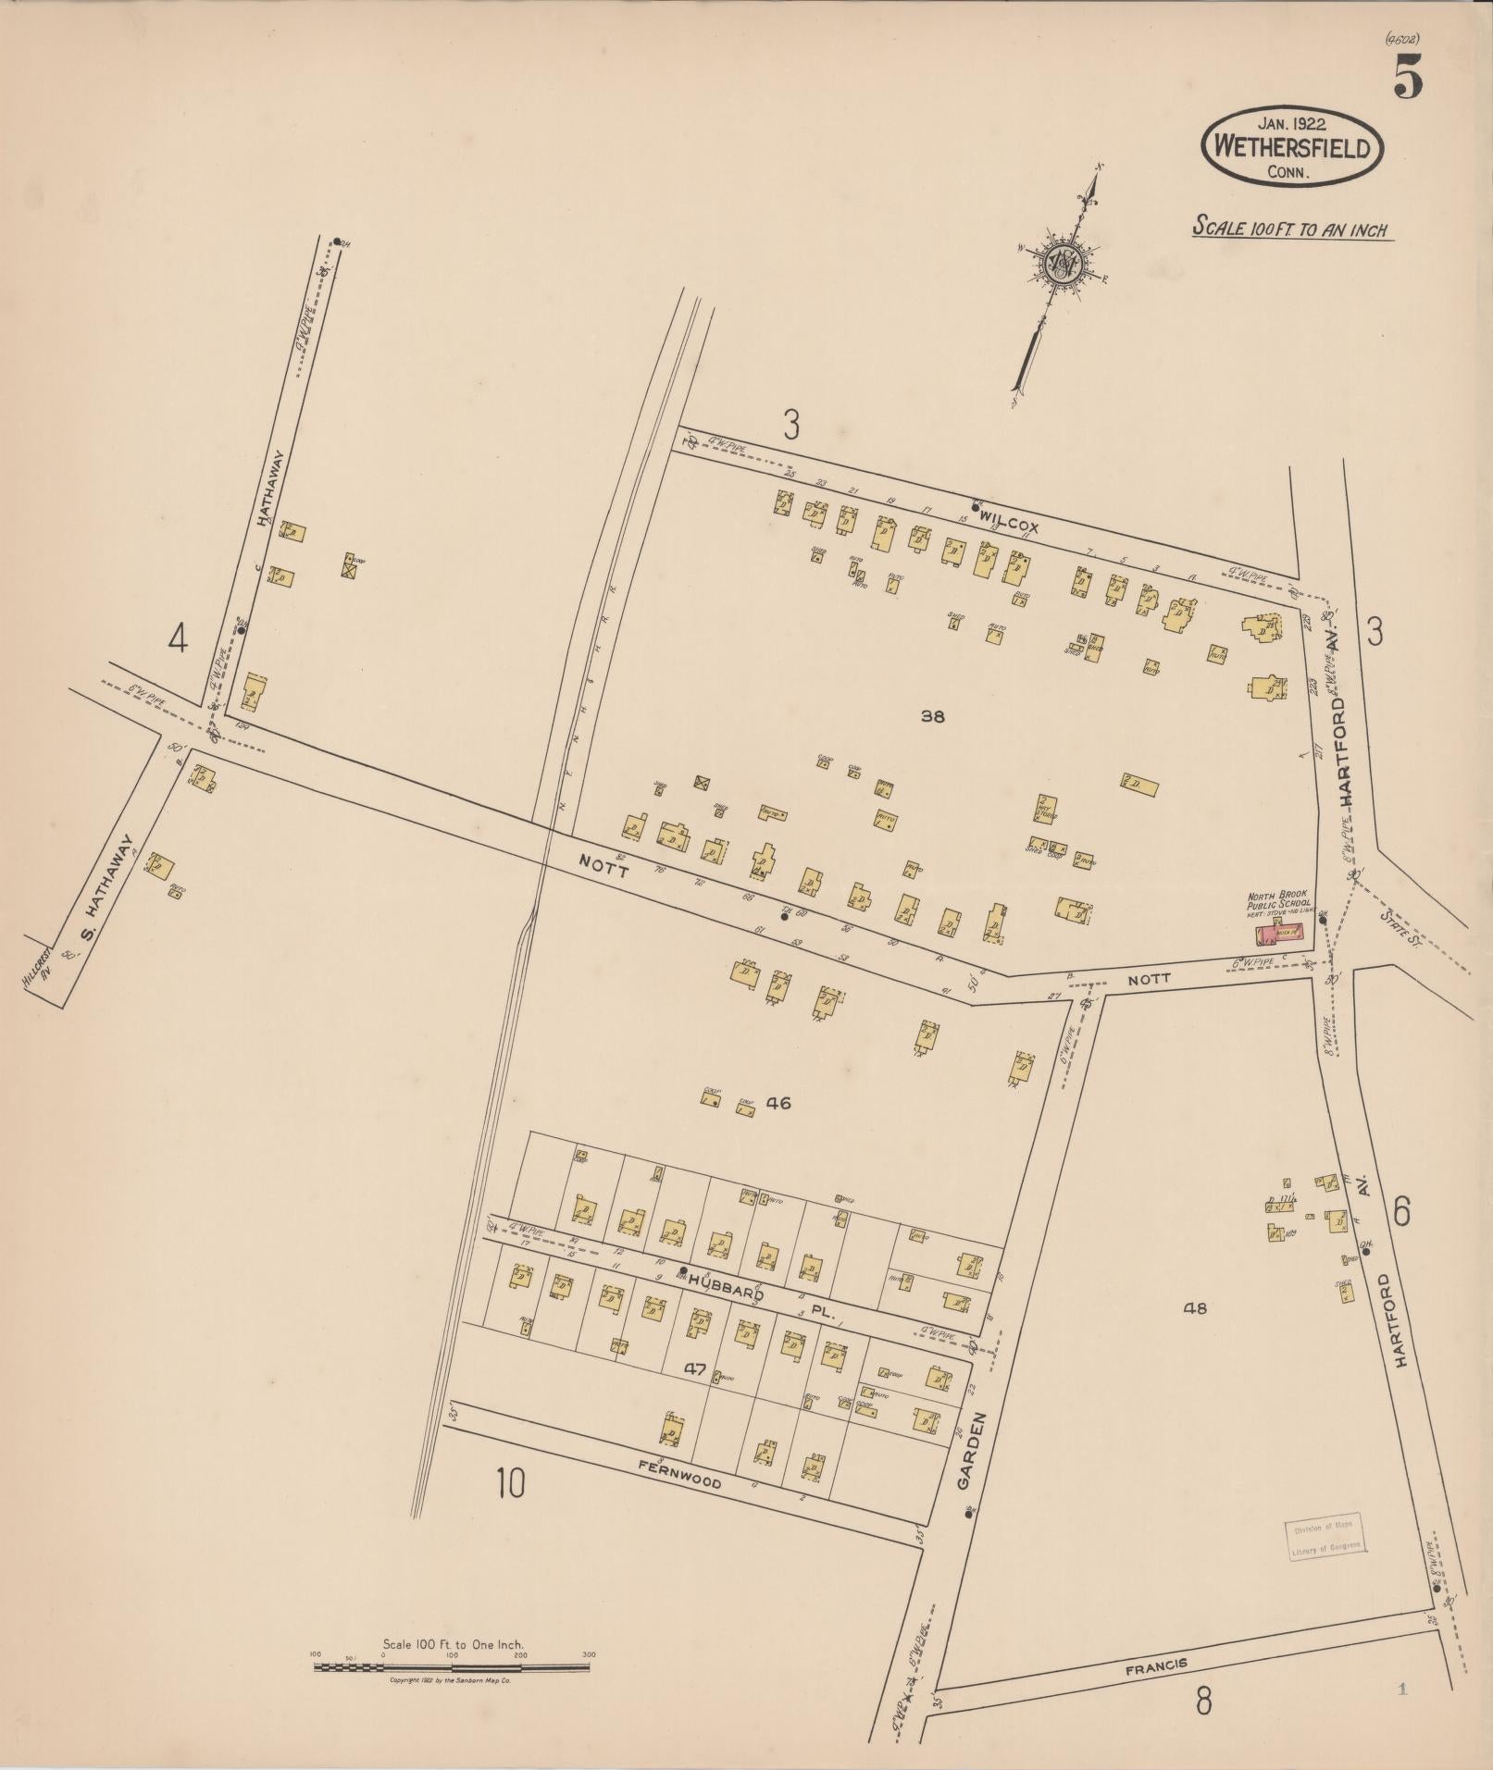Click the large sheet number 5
[1407, 76]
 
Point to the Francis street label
[1156, 1665]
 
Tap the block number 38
[933, 715]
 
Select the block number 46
[778, 1103]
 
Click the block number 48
[1195, 1308]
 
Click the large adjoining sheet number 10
[510, 1482]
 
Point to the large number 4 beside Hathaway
[178, 638]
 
